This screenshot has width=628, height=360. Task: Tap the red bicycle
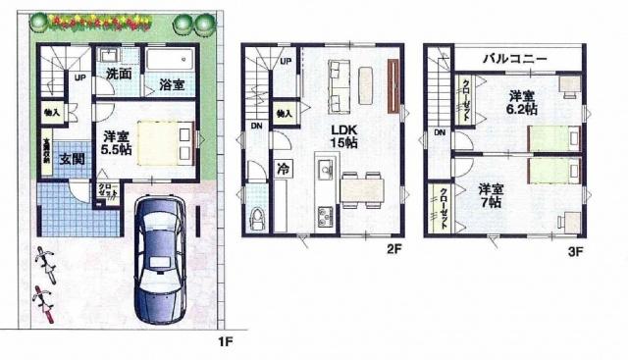41,295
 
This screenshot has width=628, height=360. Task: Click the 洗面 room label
118,75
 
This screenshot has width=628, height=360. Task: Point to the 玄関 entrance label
66,160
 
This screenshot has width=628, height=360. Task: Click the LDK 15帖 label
343,135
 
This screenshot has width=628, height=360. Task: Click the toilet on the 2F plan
258,217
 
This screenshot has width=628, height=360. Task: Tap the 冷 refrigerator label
283,167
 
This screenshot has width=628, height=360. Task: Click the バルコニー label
513,59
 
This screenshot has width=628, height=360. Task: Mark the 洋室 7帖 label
493,194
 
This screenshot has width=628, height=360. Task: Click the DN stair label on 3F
439,133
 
